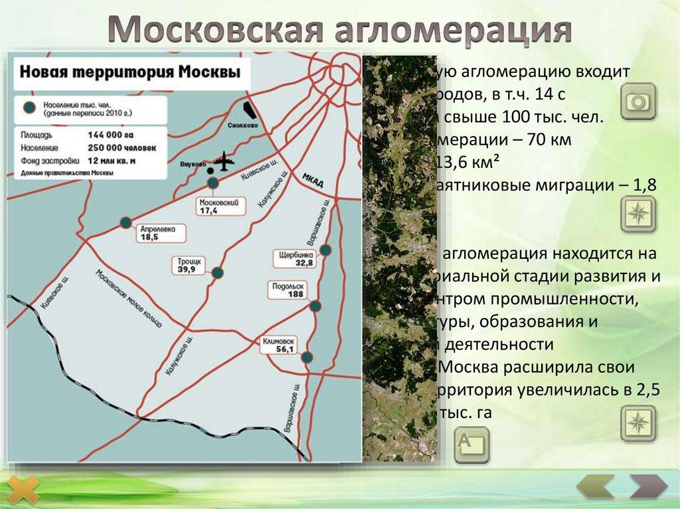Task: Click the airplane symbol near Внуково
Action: pos(224,161)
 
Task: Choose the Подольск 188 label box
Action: pos(287,291)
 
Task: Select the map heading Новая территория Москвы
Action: pos(129,72)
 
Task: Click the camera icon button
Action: pos(638,102)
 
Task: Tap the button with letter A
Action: pos(471,444)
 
